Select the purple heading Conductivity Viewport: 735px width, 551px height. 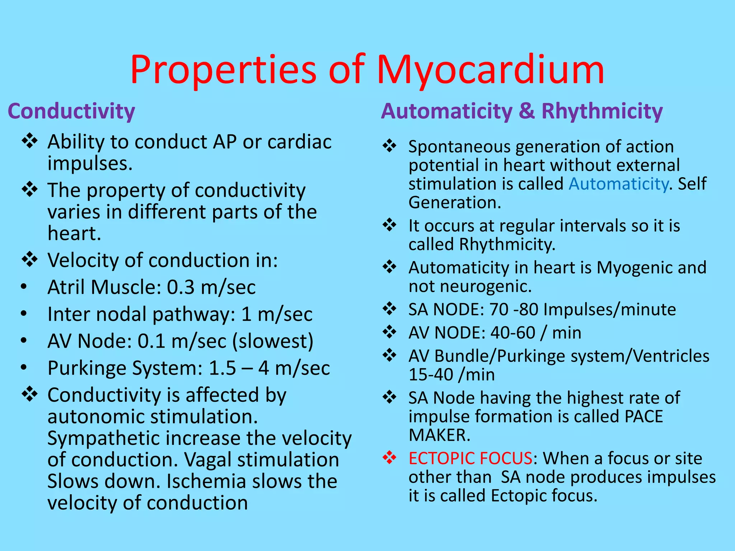(71, 111)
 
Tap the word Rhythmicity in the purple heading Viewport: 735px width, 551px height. (602, 111)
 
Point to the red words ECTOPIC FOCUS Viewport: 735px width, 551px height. (470, 458)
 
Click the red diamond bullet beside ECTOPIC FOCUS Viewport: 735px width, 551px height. (389, 458)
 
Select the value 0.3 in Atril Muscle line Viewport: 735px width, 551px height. (181, 287)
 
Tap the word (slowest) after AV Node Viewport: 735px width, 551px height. (273, 341)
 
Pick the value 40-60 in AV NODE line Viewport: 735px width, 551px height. (513, 333)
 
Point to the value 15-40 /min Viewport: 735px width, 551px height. (451, 375)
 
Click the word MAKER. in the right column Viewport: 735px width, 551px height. (439, 435)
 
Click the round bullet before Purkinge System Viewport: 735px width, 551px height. (24, 368)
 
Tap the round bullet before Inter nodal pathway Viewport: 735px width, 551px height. (24, 314)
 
